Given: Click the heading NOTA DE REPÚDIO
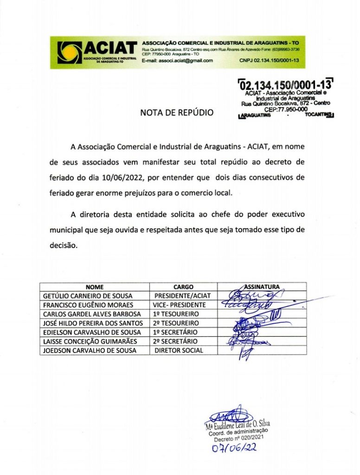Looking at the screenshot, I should click(177, 112).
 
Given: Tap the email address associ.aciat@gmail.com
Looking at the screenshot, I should click(177, 61).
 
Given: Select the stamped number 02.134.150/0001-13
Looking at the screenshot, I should click(286, 86).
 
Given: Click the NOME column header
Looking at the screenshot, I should click(95, 287).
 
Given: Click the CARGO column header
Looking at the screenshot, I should click(183, 287).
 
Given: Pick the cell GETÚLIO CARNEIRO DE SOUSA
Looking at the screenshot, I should click(88, 296).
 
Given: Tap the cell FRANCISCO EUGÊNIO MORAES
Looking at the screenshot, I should click(88, 305).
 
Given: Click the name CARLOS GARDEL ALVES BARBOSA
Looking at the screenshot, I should click(92, 314).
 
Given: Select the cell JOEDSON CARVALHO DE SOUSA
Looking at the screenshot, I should click(90, 351).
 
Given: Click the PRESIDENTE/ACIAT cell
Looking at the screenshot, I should click(183, 296).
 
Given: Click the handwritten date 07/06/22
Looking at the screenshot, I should click(235, 448).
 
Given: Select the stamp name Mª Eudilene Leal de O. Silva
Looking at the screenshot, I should click(238, 425).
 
